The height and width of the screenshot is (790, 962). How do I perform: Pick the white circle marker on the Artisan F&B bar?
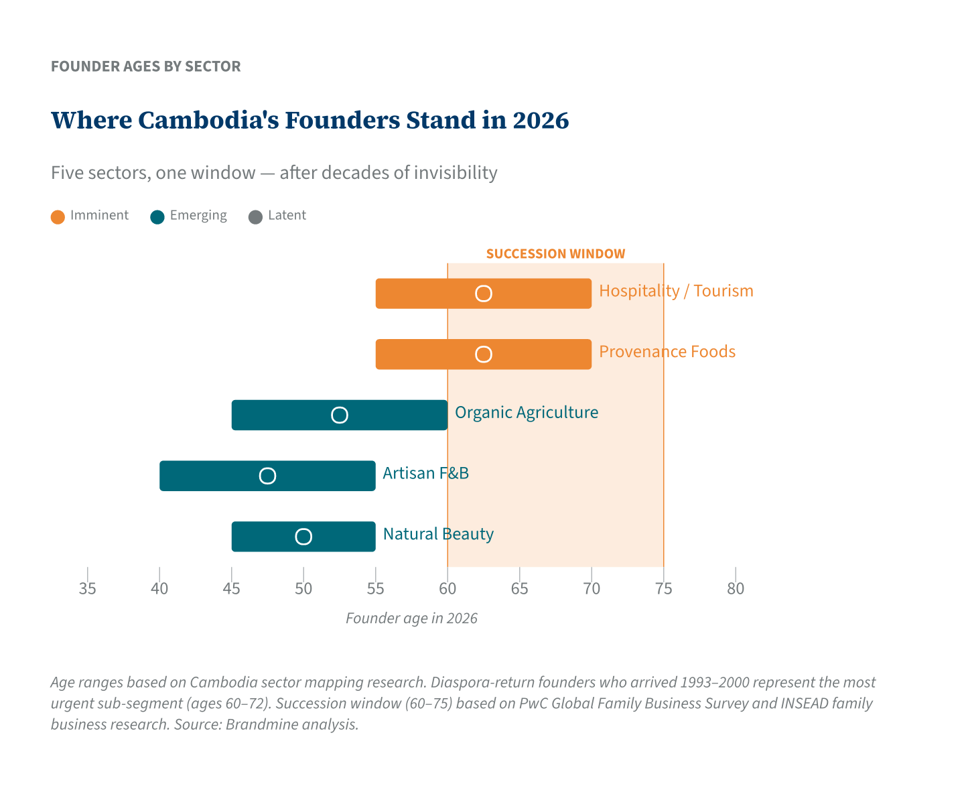point(267,476)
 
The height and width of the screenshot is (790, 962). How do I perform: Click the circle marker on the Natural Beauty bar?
point(303,537)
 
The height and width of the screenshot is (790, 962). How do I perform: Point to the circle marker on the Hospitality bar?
point(484,293)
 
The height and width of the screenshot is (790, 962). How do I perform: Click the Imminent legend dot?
point(58,216)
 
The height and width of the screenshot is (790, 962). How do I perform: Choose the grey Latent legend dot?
point(255,216)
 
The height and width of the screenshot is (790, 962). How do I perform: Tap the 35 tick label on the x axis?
point(87,589)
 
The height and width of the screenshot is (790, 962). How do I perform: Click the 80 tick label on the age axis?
point(736,589)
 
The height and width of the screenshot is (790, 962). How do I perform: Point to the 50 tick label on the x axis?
point(303,589)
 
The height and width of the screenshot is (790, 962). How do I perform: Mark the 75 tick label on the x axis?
point(663,589)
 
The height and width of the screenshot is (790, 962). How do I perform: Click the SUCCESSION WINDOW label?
point(555,254)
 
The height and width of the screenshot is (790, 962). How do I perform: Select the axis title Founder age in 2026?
point(411,618)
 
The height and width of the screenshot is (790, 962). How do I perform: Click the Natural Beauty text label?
point(438,534)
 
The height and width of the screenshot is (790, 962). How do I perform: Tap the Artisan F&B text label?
point(425,473)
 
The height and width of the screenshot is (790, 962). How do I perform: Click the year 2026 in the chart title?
point(540,121)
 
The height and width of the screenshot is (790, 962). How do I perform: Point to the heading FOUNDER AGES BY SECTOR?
point(145,66)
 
